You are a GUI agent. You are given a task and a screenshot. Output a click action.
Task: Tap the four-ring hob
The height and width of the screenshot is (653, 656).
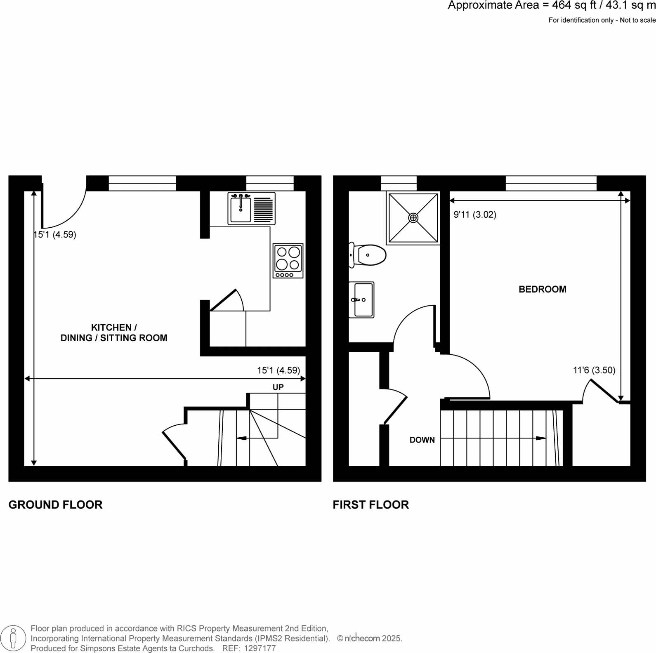click(x=288, y=261)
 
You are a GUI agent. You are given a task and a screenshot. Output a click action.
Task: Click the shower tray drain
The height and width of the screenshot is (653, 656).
click(x=413, y=218)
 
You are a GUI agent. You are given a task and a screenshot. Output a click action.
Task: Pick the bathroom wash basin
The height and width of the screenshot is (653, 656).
click(x=362, y=300)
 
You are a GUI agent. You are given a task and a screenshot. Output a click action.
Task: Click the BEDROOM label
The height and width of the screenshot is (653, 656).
click(x=542, y=290)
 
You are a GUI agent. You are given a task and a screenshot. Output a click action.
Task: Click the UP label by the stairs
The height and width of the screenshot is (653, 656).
click(x=278, y=387)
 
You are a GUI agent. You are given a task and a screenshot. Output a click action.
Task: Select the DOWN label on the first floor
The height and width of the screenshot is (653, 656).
click(x=422, y=440)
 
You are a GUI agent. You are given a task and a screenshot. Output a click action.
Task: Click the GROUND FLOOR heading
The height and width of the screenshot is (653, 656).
click(x=55, y=505)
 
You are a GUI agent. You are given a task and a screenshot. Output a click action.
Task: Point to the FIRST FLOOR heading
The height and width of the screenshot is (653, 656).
click(x=370, y=505)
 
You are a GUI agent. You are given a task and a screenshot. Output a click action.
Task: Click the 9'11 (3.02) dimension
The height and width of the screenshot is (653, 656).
click(x=475, y=215)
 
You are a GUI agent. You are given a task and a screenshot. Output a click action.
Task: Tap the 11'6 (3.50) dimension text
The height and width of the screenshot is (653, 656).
click(x=594, y=370)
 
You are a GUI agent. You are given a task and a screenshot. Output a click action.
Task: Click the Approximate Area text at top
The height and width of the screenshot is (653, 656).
click(x=551, y=6)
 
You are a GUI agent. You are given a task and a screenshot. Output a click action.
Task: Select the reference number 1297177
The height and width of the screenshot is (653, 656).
click(x=260, y=648)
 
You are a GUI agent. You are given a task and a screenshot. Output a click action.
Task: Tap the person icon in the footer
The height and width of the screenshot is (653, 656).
click(x=14, y=638)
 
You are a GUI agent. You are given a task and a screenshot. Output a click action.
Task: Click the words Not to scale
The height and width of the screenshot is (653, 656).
click(x=638, y=20)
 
